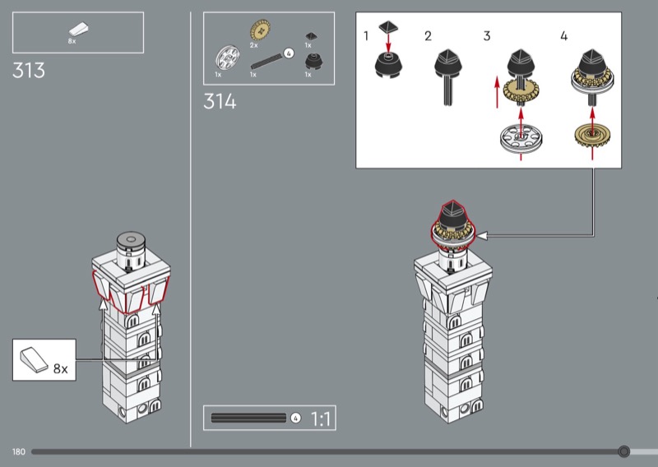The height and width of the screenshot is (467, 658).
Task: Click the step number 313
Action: coord(29,70)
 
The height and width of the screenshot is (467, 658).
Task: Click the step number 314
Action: coord(220,101)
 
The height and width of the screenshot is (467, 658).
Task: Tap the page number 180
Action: coord(19,452)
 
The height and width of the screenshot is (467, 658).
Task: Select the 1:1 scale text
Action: coord(321,418)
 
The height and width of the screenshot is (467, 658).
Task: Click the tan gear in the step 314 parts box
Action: coord(260,30)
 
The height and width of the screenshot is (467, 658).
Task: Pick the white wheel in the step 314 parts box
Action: coord(227,58)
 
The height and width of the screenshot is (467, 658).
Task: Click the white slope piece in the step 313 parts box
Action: coord(79,30)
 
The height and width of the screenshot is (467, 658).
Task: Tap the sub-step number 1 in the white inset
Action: coord(366,36)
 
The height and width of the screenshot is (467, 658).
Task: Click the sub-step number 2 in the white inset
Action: coord(428,36)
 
